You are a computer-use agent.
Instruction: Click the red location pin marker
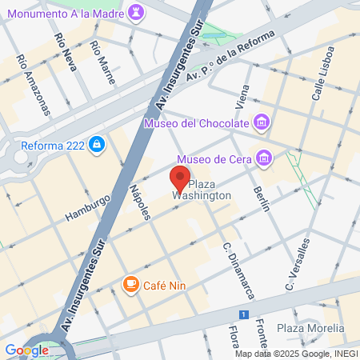[180, 177]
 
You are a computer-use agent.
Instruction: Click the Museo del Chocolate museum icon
[261, 122]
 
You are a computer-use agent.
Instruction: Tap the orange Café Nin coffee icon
[130, 283]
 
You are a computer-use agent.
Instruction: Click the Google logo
[26, 350]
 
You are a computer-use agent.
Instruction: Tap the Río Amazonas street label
[32, 83]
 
